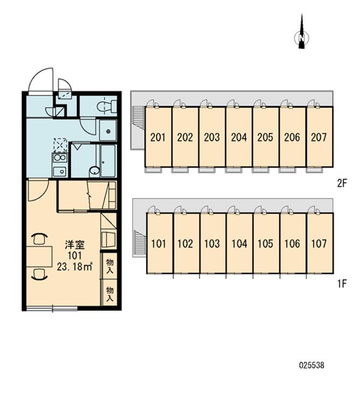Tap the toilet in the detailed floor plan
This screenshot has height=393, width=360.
click(x=107, y=106)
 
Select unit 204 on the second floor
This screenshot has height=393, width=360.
click(x=239, y=136)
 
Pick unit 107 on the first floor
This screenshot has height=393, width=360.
click(x=320, y=243)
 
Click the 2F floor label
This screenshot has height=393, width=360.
click(x=341, y=183)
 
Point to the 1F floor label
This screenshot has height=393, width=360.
click(x=341, y=284)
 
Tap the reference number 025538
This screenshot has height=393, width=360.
click(x=311, y=365)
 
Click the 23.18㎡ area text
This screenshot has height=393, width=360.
click(x=75, y=267)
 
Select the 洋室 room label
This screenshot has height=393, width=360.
click(x=75, y=245)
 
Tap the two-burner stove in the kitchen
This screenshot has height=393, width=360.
click(x=59, y=158)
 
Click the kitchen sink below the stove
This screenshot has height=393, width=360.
click(x=59, y=171)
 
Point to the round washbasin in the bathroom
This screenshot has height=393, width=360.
click(x=94, y=171)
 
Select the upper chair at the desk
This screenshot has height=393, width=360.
click(x=39, y=239)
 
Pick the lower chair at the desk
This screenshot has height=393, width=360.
click(x=39, y=273)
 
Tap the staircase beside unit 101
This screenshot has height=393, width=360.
click(x=139, y=242)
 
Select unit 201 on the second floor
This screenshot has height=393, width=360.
click(x=158, y=136)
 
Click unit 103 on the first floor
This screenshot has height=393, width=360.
click(x=213, y=243)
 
